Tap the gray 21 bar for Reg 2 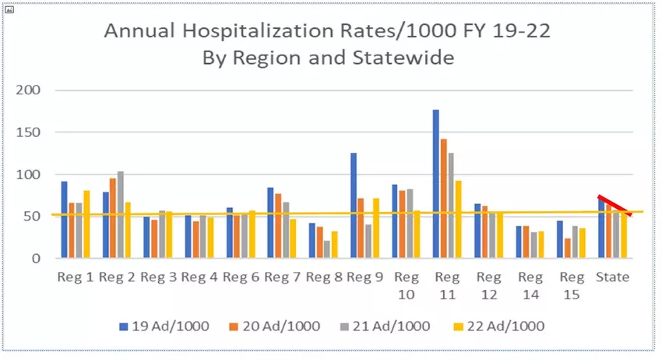[x=121, y=214]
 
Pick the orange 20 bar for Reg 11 [x=443, y=198]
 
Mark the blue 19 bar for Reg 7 [x=270, y=222]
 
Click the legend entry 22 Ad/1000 [x=509, y=326]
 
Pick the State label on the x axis [x=612, y=277]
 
